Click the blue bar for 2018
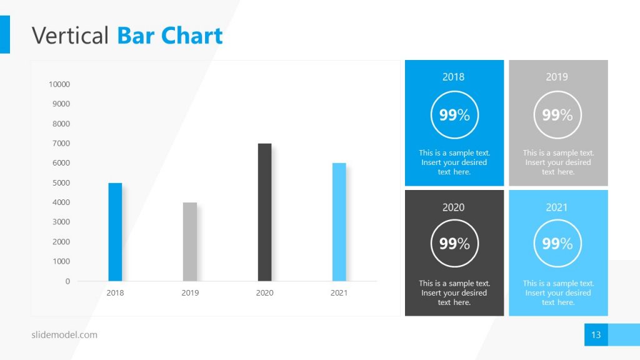[115, 232]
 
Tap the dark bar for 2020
[264, 212]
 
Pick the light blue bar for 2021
[339, 222]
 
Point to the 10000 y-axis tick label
[59, 84]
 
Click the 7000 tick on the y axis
[61, 143]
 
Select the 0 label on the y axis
[67, 281]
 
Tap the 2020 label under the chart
[264, 292]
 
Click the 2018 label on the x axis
[115, 292]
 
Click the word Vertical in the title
[70, 36]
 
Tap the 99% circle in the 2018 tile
[454, 115]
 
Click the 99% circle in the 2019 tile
[557, 115]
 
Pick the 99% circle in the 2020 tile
[454, 244]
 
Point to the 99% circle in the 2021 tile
[557, 244]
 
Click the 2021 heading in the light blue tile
[557, 207]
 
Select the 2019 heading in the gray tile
[557, 77]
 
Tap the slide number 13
[596, 335]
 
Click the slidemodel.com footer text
[64, 335]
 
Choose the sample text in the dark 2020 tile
[454, 293]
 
